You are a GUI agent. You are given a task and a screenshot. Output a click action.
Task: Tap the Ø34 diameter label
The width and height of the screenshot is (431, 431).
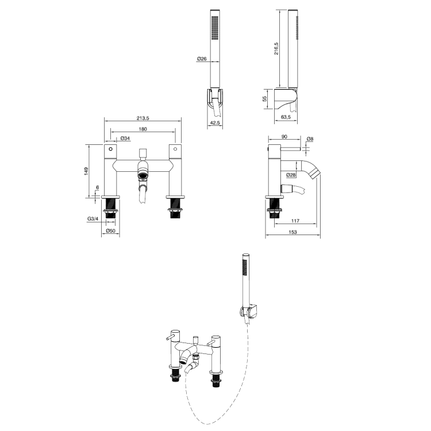125,138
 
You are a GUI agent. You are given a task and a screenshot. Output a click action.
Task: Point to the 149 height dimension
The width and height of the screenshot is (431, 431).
86,171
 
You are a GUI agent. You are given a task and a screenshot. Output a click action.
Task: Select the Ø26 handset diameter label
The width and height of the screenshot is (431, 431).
202,59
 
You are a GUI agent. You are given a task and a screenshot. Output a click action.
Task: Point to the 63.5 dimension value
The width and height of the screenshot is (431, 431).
286,117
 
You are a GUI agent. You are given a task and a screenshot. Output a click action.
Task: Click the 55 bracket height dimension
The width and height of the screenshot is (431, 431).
265,98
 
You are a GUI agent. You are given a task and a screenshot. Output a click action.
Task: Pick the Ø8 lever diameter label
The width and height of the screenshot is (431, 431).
310,139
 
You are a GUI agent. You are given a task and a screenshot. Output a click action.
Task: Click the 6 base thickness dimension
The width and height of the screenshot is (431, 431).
98,188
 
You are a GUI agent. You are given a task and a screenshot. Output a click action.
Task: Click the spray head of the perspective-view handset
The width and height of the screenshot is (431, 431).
244,267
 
